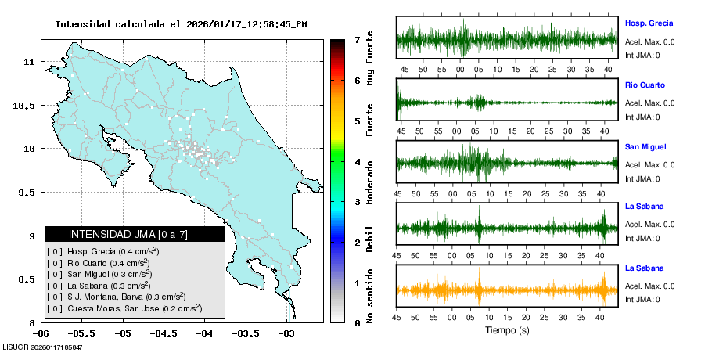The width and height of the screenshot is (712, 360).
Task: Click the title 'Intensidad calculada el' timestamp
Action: (x=181, y=24)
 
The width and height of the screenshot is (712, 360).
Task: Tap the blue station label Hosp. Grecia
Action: (x=649, y=23)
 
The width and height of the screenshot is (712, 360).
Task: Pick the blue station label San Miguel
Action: (x=645, y=146)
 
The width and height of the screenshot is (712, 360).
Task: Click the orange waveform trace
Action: (x=507, y=290)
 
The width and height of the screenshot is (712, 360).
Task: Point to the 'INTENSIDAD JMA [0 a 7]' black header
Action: (x=135, y=234)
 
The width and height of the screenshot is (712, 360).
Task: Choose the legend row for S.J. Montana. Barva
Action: (x=116, y=297)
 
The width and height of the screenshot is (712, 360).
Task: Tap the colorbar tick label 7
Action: (x=357, y=40)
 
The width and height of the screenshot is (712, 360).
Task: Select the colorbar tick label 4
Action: (x=357, y=162)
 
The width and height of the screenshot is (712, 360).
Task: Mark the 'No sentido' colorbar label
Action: (x=369, y=298)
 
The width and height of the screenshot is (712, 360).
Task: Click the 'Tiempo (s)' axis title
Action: (x=507, y=330)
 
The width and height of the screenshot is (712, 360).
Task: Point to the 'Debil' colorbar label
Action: (x=369, y=239)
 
